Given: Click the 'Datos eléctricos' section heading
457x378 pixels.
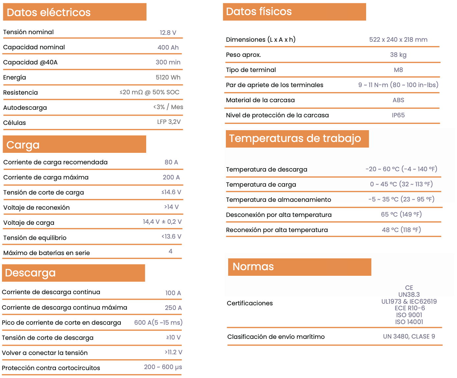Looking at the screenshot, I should (x=48, y=12).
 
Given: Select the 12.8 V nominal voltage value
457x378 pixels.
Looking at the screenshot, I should (x=168, y=33).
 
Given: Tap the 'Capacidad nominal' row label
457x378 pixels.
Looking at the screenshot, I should (x=34, y=47).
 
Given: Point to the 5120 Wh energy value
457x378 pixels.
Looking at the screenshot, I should (x=168, y=78).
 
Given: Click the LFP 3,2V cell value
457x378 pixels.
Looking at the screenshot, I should (x=169, y=122).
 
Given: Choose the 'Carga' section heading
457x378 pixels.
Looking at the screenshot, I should (x=23, y=145).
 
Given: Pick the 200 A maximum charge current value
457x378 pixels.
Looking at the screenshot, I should (x=171, y=177).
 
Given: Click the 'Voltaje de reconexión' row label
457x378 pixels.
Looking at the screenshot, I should (x=37, y=208).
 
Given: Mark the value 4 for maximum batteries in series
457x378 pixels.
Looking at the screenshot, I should (x=171, y=251).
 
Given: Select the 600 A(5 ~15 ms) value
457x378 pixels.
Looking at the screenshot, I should (x=158, y=323).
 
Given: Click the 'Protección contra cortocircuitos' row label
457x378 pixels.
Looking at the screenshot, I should (x=51, y=368).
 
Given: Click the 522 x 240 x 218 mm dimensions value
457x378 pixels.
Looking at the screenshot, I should (x=398, y=40).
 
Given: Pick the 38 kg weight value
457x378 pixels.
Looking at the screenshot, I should (x=398, y=55).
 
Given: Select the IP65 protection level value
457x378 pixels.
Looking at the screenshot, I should (x=398, y=115).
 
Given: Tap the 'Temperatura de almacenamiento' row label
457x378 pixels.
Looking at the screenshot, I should (x=279, y=200).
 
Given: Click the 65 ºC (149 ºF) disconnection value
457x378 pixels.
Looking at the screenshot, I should (x=401, y=215).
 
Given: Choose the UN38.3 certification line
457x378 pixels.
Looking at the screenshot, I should (x=409, y=295).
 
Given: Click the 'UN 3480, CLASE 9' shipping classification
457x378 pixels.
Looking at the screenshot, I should (x=409, y=337).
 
